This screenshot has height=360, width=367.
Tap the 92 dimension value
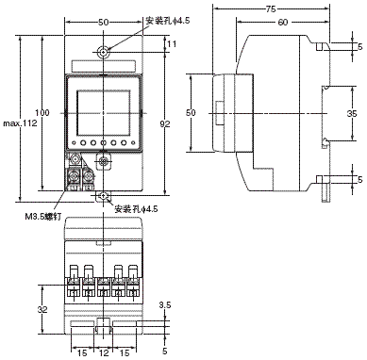pyautogui.click(x=165, y=122)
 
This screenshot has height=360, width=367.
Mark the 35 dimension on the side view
pyautogui.click(x=351, y=112)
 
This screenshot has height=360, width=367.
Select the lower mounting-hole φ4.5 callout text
pyautogui.click(x=138, y=208)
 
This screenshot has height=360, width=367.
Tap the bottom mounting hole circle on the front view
pyautogui.click(x=106, y=195)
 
